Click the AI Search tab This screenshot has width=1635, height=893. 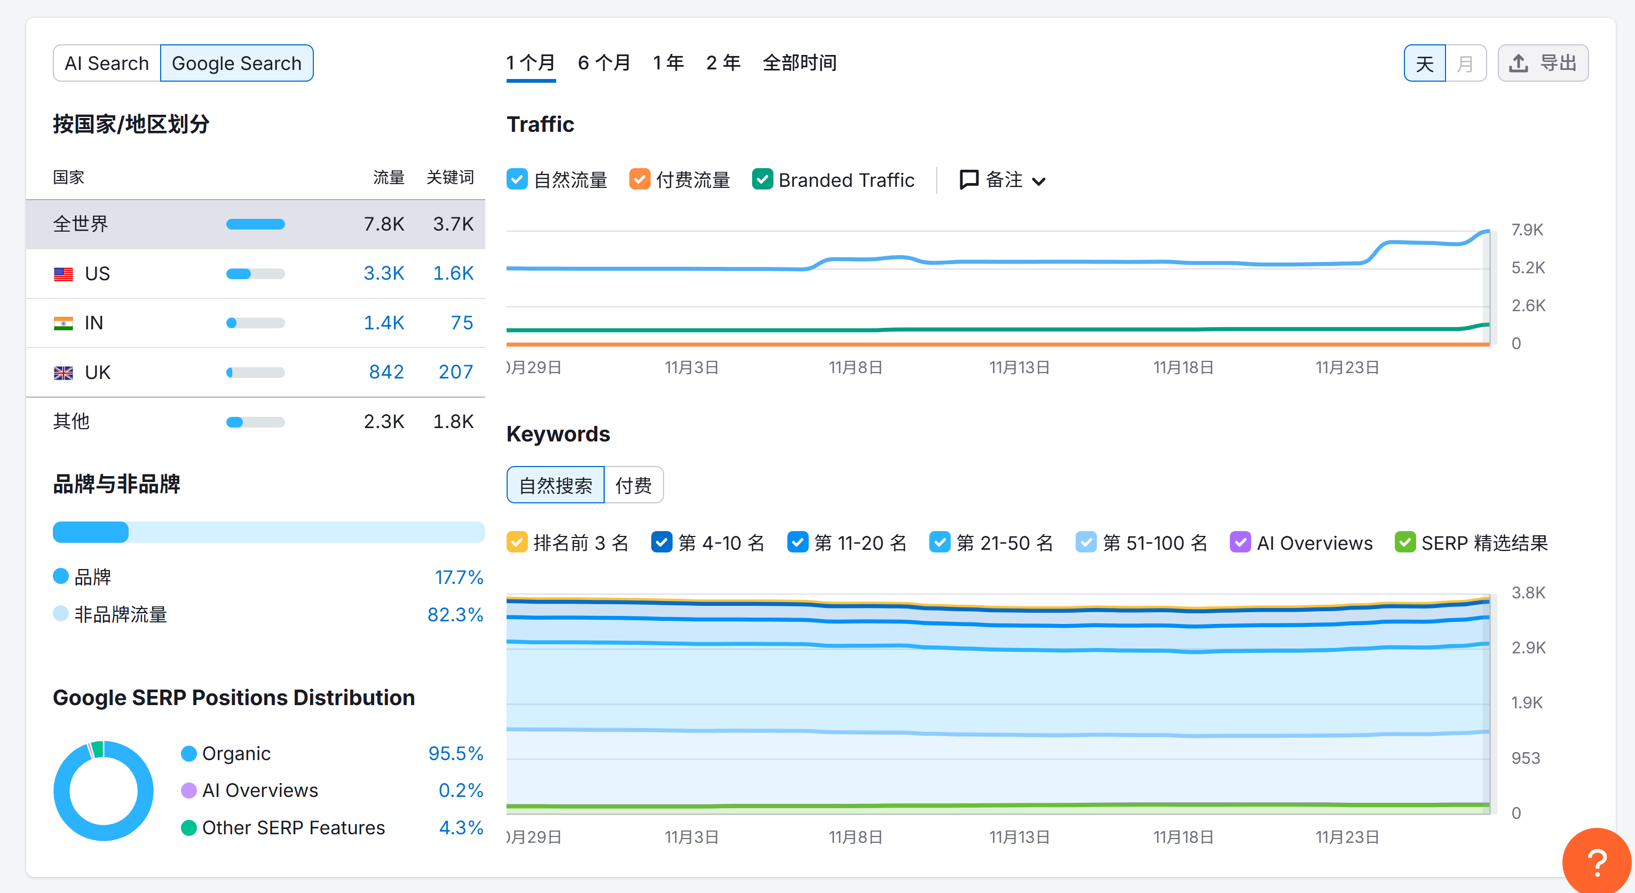pos(107,64)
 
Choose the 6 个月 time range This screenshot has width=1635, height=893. pos(604,63)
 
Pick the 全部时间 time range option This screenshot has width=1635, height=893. pos(799,63)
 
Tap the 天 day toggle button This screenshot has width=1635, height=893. pos(1424,64)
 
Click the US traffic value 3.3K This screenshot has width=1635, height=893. pos(383,273)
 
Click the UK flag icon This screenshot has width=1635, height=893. pos(64,373)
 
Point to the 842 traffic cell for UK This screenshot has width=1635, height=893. pos(386,373)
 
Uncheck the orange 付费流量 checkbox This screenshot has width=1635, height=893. pos(639,180)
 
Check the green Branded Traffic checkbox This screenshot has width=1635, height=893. pos(762,180)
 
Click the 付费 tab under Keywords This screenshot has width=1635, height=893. pos(633,486)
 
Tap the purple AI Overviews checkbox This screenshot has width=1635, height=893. pos(1239,543)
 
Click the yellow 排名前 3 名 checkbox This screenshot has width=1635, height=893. pos(517,543)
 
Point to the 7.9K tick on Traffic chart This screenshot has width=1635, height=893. pos(1527,230)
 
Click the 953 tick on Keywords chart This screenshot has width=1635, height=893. pos(1525,758)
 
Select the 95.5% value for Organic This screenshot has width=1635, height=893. pos(455,753)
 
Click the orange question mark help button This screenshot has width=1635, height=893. pos(1596,862)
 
